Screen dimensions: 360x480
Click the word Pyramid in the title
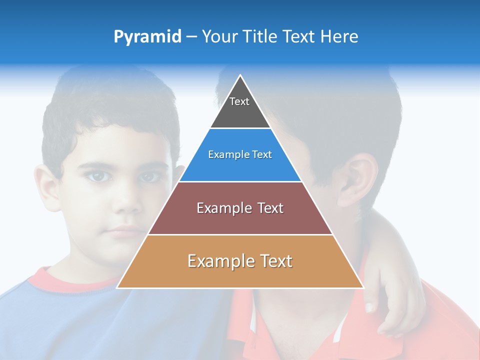coord(147,37)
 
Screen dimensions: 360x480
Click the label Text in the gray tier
coord(239,101)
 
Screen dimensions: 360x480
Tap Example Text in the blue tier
coord(240,154)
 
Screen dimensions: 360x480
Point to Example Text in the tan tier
coord(240,261)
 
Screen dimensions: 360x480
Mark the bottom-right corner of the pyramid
coord(363,287)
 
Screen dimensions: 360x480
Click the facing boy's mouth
coord(125,231)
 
